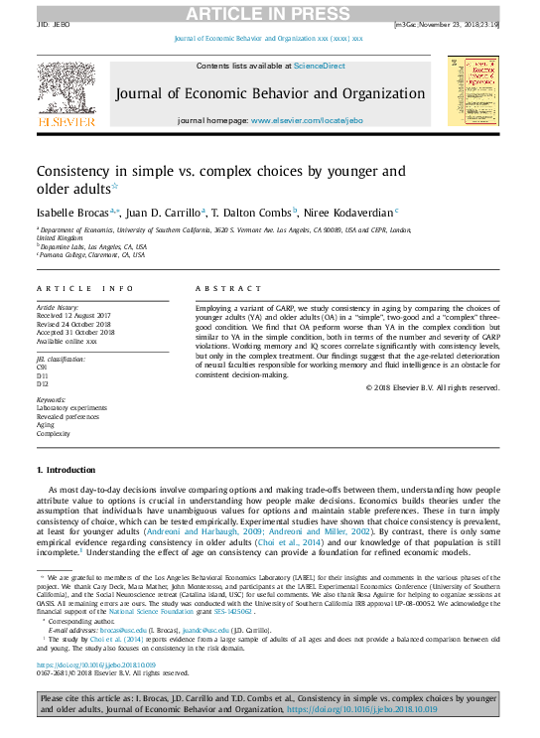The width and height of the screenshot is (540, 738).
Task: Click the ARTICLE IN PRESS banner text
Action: click(270, 11)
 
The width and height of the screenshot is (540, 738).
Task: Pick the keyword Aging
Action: click(46, 425)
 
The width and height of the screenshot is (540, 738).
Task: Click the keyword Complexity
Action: click(54, 434)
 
